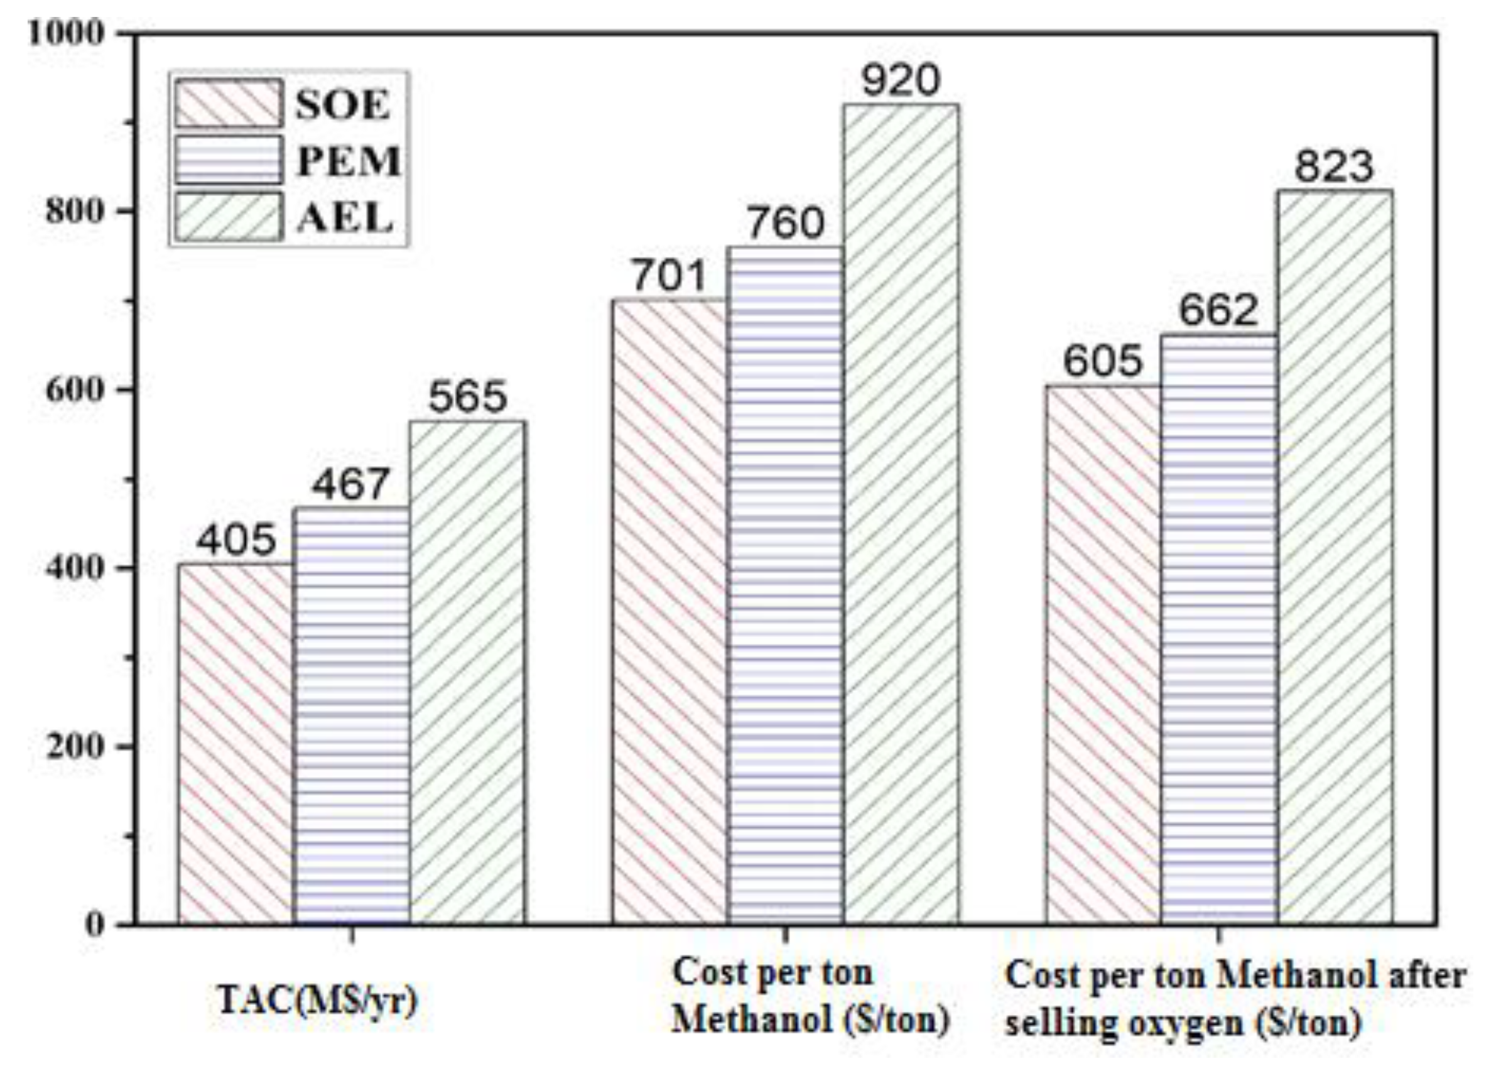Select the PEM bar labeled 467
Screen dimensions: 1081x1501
click(352, 715)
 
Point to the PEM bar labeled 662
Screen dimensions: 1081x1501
click(1219, 629)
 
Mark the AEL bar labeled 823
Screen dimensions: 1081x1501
click(1335, 557)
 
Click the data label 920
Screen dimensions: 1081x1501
click(901, 81)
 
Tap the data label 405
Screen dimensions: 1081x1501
click(236, 540)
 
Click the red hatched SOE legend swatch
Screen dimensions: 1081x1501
click(229, 103)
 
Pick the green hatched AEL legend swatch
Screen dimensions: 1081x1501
click(229, 216)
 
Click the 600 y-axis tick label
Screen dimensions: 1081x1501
click(75, 390)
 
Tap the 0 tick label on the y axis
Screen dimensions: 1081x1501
click(95, 925)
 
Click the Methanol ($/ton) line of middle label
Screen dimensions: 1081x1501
click(811, 1019)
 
